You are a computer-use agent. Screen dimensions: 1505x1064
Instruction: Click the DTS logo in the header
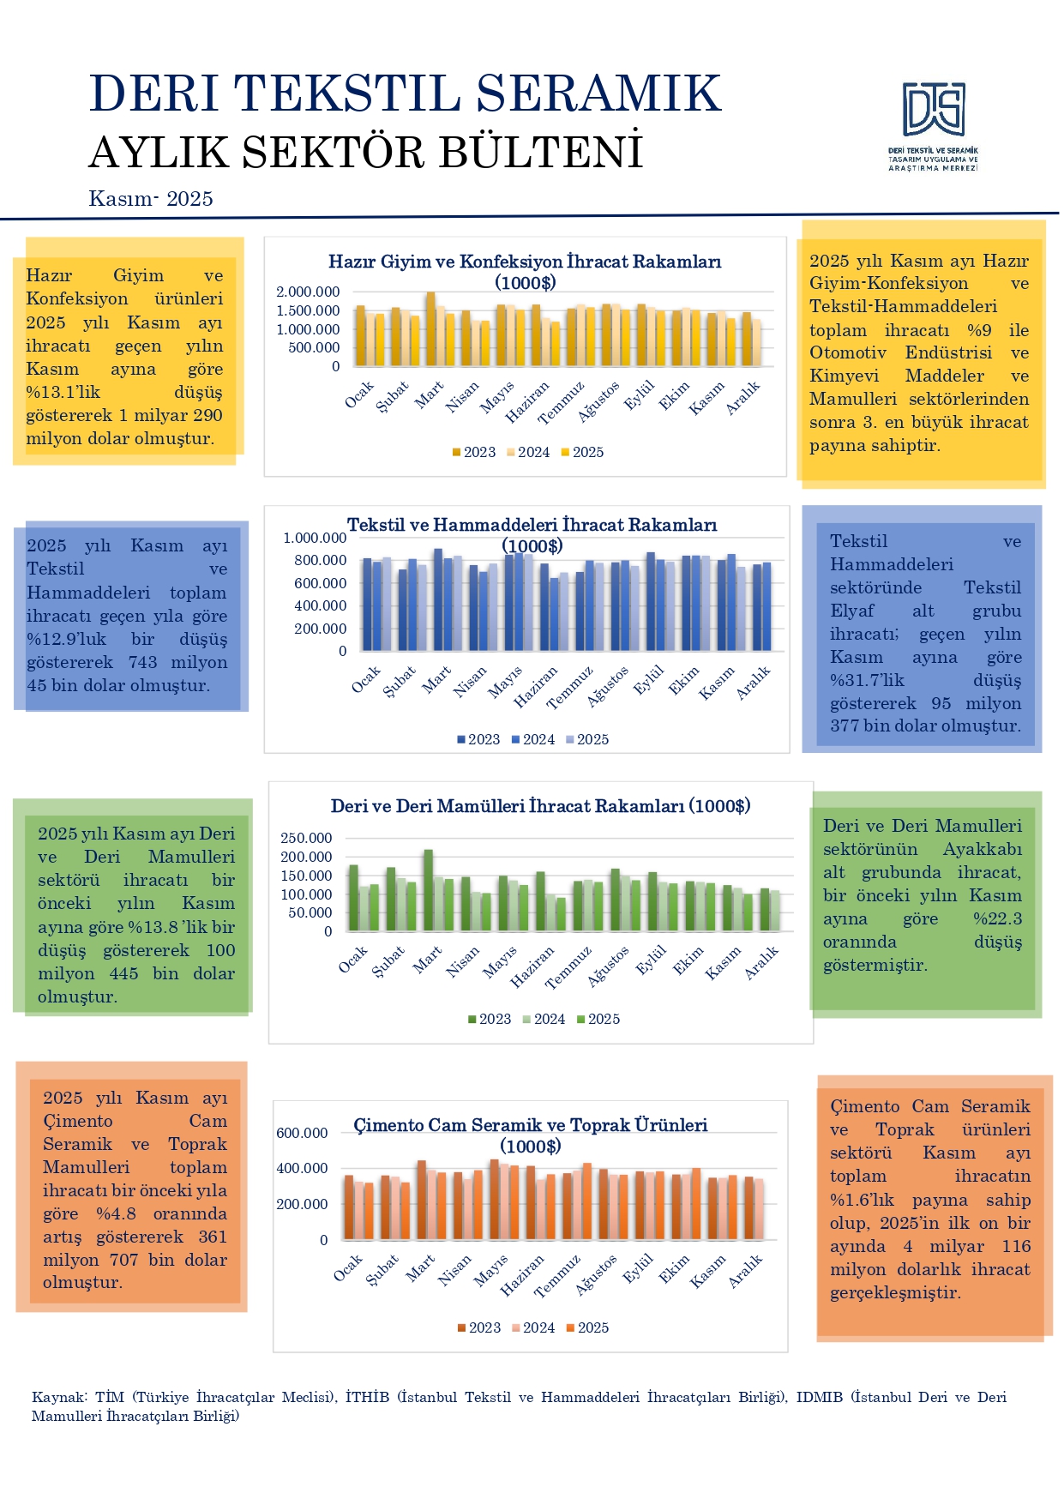933,111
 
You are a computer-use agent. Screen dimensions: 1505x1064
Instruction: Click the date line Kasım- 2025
151,199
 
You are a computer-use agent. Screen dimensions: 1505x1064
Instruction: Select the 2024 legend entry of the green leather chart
544,1019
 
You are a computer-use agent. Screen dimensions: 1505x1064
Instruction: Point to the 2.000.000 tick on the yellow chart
308,292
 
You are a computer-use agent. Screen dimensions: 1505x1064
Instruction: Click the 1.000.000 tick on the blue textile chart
315,538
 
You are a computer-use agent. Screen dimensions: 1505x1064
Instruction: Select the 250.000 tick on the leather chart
306,838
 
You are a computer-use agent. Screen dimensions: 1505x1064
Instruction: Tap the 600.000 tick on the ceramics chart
302,1133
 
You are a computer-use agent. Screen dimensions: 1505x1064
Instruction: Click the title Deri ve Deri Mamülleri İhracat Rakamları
540,806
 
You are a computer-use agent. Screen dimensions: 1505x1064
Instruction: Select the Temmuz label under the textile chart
570,689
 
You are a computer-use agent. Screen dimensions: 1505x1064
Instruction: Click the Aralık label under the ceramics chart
746,1272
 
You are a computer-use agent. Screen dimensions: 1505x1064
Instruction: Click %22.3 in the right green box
997,918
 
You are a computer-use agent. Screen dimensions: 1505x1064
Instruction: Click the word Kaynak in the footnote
58,1397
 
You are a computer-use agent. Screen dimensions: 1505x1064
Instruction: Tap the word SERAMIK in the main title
598,93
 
